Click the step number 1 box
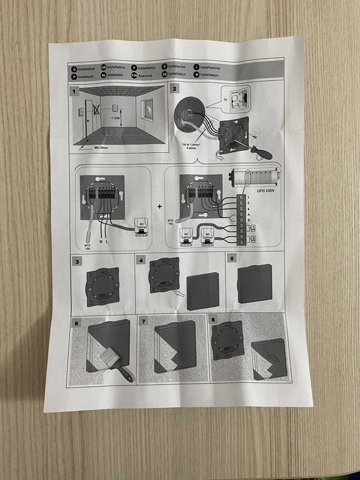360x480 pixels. (75, 91)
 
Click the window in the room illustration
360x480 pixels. (148, 107)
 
